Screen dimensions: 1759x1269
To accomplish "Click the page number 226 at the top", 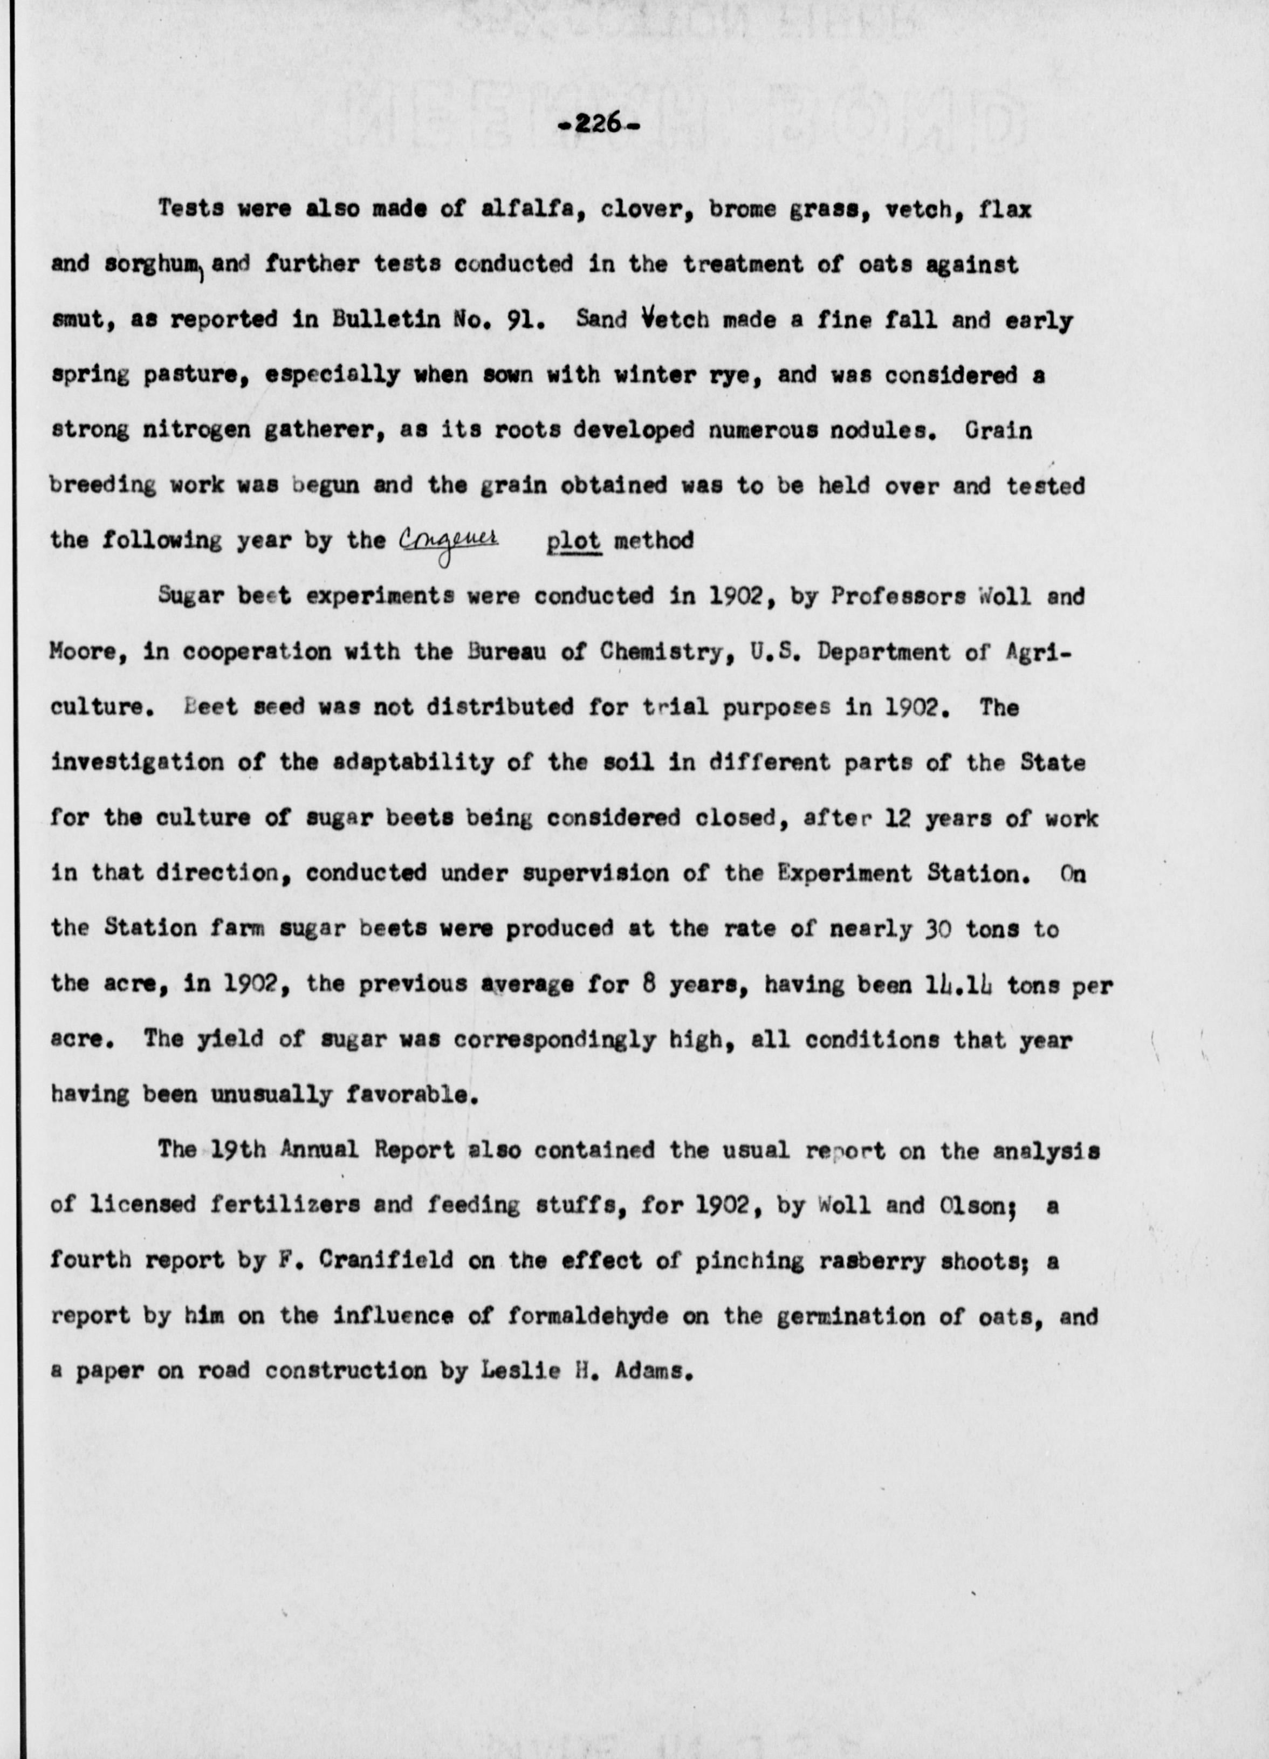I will [598, 123].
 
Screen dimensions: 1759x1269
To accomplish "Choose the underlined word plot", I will [573, 540].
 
